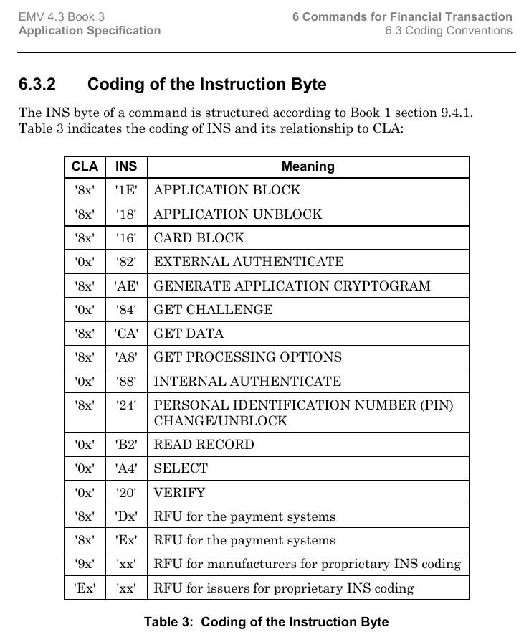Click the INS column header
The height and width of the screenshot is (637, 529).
(126, 166)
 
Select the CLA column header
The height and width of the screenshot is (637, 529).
(85, 166)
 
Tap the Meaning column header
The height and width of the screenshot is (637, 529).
(308, 166)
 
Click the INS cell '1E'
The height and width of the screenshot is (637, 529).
(126, 190)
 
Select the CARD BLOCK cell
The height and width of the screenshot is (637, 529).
(199, 238)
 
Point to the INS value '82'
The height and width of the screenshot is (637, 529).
(126, 262)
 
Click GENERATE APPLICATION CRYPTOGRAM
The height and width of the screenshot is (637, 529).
(292, 286)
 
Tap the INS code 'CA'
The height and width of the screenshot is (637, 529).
(126, 334)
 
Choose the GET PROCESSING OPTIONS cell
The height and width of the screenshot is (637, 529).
(248, 357)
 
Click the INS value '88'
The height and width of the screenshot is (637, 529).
(126, 382)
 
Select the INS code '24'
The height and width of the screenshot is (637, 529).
(126, 405)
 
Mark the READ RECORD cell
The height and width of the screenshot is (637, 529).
(204, 445)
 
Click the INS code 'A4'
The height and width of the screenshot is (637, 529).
(126, 468)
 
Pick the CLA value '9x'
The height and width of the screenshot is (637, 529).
(85, 564)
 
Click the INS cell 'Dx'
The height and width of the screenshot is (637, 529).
(126, 516)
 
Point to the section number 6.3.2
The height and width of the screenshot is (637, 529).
(37, 85)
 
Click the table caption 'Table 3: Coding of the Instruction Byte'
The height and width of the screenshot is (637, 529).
(266, 622)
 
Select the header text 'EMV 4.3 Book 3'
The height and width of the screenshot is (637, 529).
(62, 16)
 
